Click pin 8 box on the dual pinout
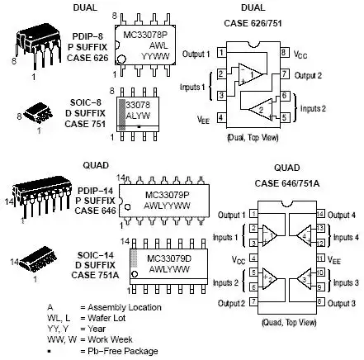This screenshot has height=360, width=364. pos(284,52)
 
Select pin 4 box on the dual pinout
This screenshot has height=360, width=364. pos(221,118)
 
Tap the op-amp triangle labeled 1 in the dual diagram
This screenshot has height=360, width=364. pos(250,74)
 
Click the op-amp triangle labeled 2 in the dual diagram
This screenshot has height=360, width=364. pos(261,109)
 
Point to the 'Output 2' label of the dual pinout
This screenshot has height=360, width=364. pos(308,75)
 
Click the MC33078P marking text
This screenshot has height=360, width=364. pos(145,35)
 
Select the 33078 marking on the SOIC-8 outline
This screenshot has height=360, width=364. pos(138,105)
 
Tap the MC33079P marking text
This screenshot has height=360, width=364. pos(167,195)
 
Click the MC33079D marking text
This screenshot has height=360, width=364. pos(169,258)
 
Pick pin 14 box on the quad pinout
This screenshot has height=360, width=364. pos(320,214)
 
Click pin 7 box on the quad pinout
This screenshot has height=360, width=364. pos(253,301)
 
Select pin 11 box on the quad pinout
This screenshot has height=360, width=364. pos(320,258)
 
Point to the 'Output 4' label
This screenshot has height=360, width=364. pos(342,215)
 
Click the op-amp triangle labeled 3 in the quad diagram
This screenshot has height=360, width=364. pos(305,279)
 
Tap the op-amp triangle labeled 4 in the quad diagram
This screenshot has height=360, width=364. pos(305,235)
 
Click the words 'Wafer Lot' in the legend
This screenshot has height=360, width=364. pos(106,318)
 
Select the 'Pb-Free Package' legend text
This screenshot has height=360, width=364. pos(123,351)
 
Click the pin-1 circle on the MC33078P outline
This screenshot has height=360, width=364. pos(121,59)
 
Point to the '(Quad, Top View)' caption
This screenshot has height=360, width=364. pos(289,322)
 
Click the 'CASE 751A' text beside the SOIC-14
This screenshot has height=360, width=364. pos(95,275)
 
